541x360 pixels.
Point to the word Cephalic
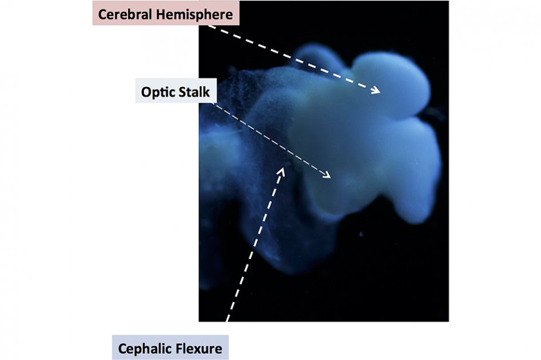click(141, 349)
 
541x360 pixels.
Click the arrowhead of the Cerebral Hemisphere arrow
click(376, 91)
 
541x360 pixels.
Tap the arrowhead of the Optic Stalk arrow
click(327, 175)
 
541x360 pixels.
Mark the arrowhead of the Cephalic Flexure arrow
click(281, 171)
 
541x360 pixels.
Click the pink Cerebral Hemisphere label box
click(166, 13)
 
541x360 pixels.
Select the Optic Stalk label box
click(176, 91)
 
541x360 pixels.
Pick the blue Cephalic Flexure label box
click(170, 347)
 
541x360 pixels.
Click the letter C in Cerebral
click(102, 15)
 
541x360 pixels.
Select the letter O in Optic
click(146, 93)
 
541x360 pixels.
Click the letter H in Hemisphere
click(161, 15)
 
